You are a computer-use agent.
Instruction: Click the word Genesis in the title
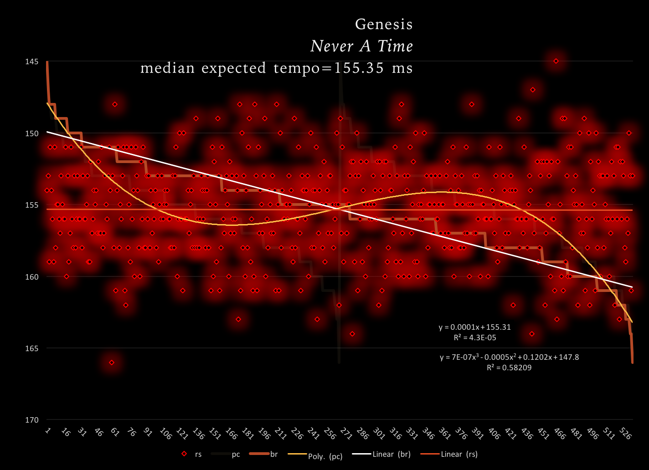(384, 24)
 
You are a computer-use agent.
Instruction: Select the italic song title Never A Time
(361, 46)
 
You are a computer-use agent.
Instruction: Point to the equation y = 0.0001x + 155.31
(474, 327)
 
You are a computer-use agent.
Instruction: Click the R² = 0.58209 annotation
(509, 368)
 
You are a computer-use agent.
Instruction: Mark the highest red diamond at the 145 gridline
(556, 61)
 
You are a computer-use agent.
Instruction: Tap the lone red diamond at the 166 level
(112, 363)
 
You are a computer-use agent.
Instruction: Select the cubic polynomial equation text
(509, 358)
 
